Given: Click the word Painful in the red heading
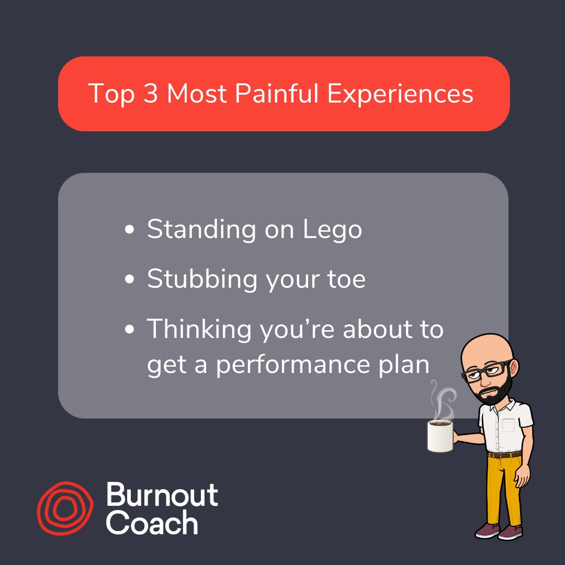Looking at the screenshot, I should [277, 94].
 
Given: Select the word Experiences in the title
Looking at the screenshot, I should [400, 94].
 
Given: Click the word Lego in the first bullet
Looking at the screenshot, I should [333, 230].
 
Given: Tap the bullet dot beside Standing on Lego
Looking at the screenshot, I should [130, 230].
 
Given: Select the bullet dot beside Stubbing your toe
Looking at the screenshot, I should [130, 279].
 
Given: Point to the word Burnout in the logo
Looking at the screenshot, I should [162, 494].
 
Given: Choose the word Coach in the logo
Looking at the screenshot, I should [152, 523].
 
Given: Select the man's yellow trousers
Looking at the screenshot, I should [503, 489].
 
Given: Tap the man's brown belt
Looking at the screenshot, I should [504, 455].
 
